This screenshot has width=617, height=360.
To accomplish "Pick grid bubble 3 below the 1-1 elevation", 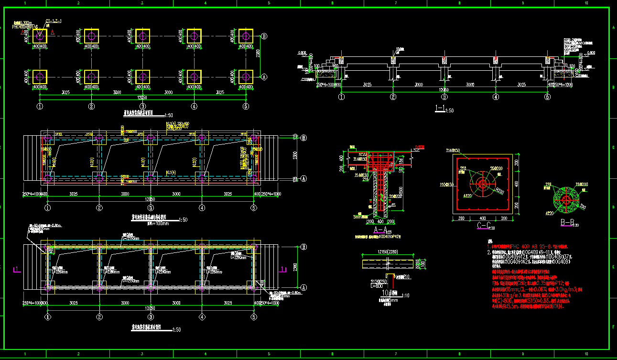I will coord(444,97).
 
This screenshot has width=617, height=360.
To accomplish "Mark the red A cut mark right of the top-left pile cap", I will coord(53,32).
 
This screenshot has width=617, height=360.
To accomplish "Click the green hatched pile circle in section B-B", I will coord(566,199).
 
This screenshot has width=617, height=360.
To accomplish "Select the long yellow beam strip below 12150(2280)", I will coord(388,264).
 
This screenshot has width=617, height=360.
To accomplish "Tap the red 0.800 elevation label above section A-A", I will coord(420,147).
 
